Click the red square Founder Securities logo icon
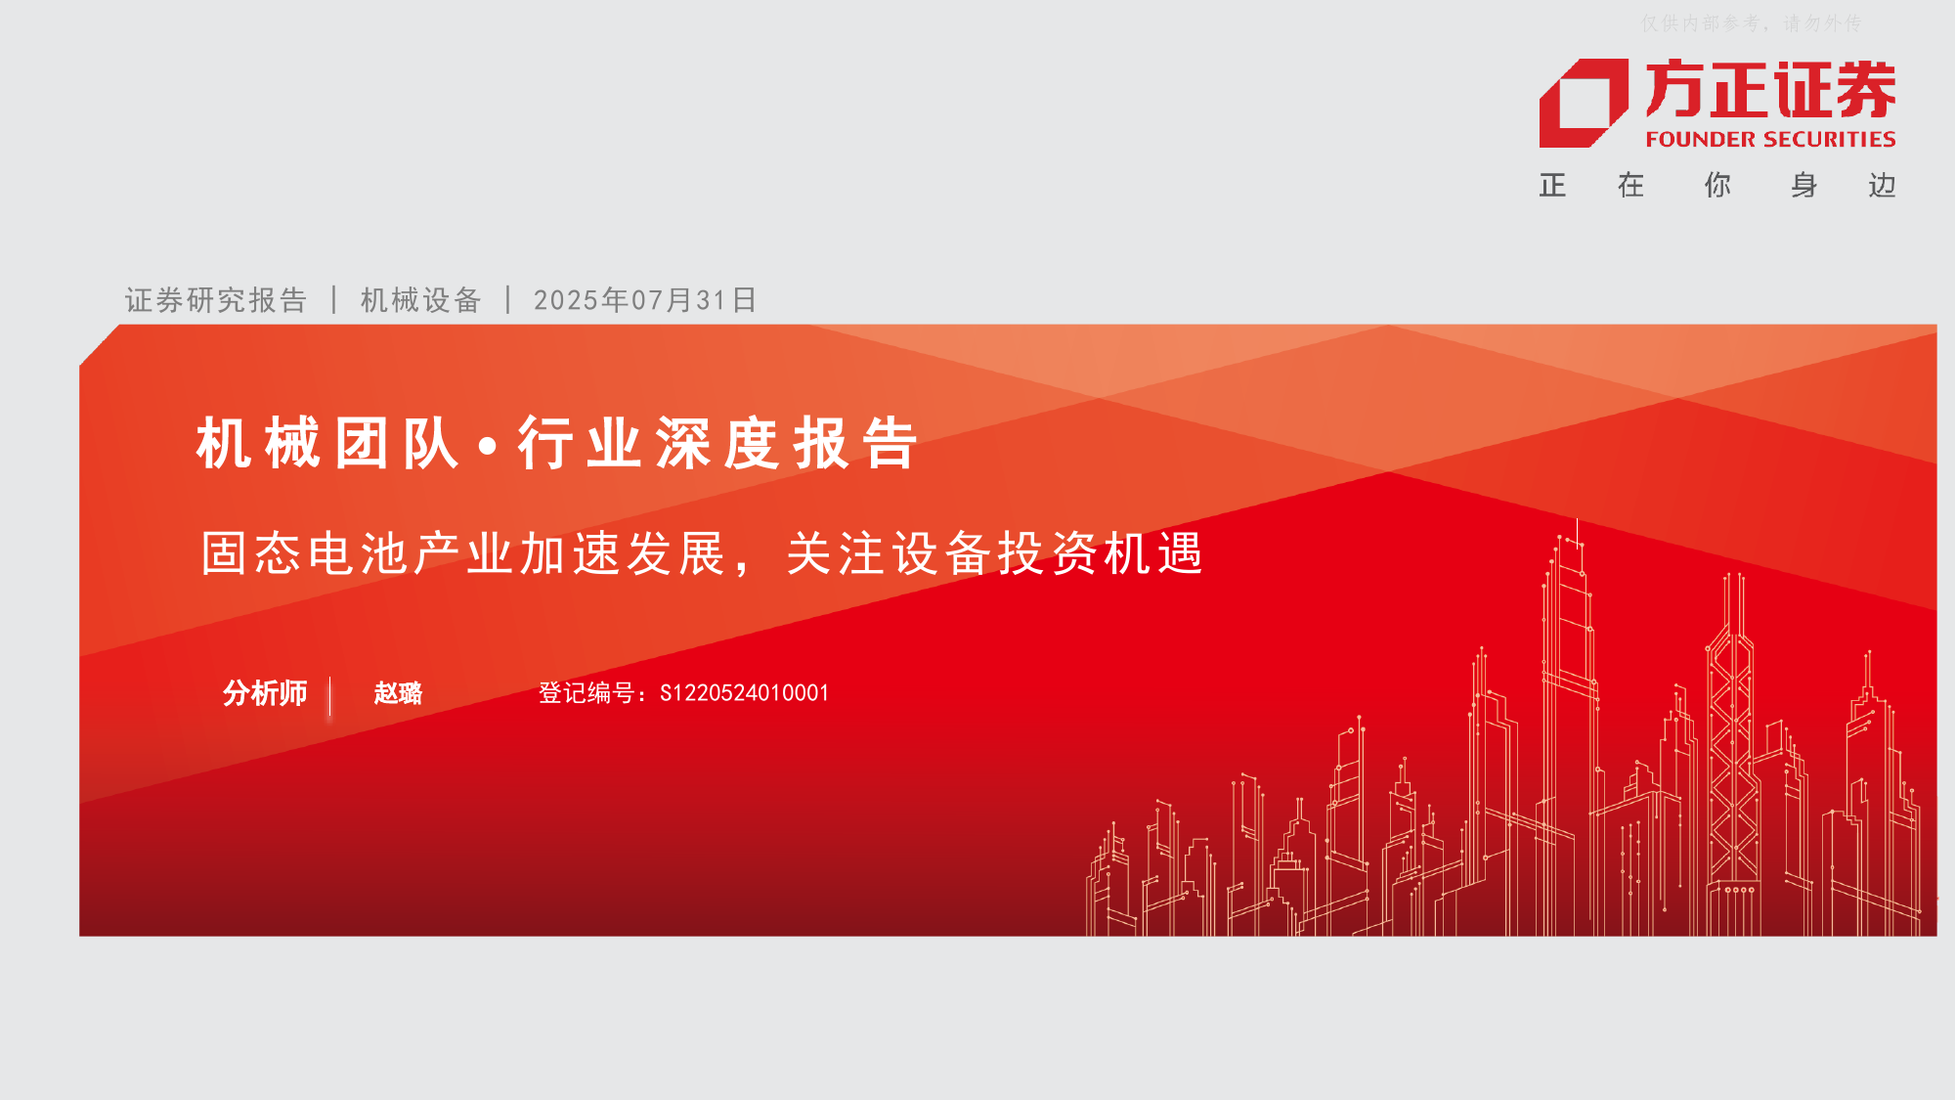click(1584, 103)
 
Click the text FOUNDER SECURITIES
click(1770, 140)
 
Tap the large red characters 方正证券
click(1770, 90)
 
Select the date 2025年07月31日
click(645, 300)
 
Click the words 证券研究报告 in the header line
click(216, 300)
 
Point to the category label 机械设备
click(421, 300)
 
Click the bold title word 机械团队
click(327, 443)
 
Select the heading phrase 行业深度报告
click(718, 443)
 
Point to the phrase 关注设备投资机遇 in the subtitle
click(995, 553)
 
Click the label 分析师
click(265, 693)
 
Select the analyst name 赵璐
click(398, 693)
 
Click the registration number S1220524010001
click(745, 693)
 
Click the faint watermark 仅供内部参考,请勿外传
click(1751, 22)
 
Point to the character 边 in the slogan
click(1882, 186)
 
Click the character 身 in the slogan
click(1804, 186)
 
